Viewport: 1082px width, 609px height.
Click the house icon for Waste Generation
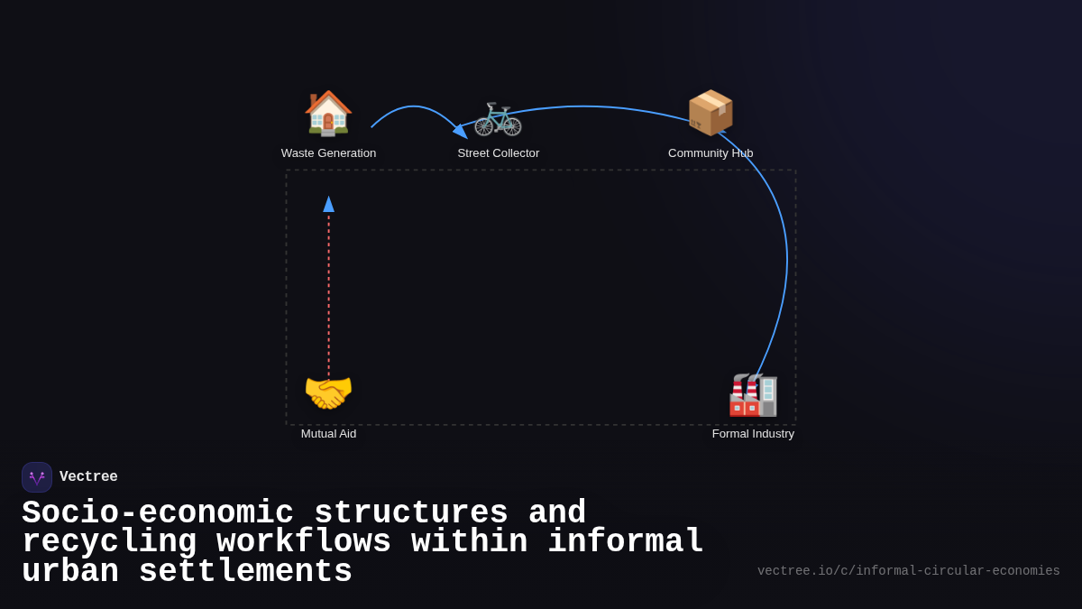coord(328,113)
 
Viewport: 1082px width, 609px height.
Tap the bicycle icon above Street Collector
coord(498,116)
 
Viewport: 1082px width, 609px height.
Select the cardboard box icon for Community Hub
coord(711,113)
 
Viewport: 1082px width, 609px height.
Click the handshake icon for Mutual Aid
coord(328,393)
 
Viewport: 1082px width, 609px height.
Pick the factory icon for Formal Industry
coord(753,394)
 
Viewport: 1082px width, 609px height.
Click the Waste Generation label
coord(328,153)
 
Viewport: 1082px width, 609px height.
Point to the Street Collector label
coord(498,153)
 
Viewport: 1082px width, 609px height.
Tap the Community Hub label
coord(711,153)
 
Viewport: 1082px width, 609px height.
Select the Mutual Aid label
coord(328,434)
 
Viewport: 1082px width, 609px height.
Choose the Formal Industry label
coord(753,434)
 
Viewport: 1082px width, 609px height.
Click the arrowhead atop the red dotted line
coord(329,204)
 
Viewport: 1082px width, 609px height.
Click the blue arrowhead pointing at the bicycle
coord(461,132)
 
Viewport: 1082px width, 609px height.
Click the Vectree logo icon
coord(37,477)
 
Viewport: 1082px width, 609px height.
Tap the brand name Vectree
coord(88,477)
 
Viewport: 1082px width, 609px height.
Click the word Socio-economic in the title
coord(158,512)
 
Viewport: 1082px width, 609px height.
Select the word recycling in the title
coord(109,542)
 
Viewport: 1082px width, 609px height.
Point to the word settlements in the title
coord(245,572)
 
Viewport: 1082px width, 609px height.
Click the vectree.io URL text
coord(908,571)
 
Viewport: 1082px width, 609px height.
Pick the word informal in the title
coord(626,542)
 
